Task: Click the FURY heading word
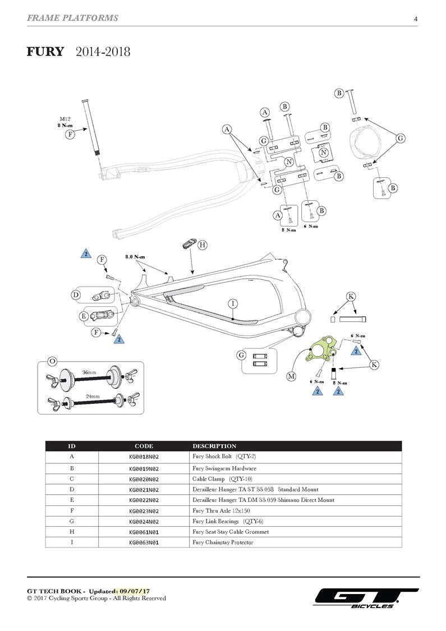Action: coord(45,52)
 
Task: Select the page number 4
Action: coord(416,19)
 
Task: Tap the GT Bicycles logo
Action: coord(366,598)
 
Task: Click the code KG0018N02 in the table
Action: coord(144,457)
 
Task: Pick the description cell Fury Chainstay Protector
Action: coord(223,542)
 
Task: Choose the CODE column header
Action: coord(144,446)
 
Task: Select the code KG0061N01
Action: coord(144,532)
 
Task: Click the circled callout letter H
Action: coord(203,245)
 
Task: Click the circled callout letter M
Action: coord(291,376)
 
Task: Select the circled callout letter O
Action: coord(52,362)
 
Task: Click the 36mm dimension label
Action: coord(90,372)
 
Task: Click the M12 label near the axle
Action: coord(65,118)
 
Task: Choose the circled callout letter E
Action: coord(84,316)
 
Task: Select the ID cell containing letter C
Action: coord(72,478)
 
